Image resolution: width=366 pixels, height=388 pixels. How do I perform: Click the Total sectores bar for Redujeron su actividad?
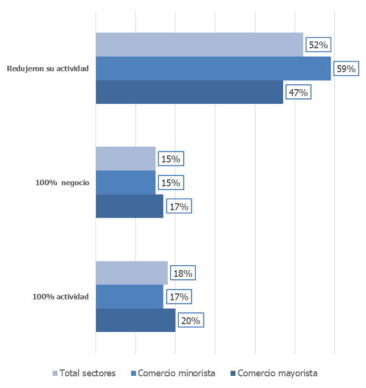tap(199, 45)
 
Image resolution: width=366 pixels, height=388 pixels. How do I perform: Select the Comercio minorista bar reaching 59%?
tap(213, 68)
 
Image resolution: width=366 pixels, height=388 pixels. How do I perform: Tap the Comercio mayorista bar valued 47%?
tap(189, 92)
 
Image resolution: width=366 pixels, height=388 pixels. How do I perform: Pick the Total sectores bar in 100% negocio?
tap(126, 159)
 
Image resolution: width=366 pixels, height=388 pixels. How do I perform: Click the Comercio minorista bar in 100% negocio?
tap(126, 182)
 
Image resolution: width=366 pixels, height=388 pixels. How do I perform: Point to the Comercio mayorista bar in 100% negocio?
tap(129, 206)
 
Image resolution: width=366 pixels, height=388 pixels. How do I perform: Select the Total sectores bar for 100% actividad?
tap(132, 273)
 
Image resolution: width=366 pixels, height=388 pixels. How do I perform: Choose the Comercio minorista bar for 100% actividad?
tap(129, 297)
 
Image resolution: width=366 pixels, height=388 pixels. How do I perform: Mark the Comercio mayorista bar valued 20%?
tap(135, 320)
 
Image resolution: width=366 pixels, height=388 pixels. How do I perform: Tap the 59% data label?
tap(346, 68)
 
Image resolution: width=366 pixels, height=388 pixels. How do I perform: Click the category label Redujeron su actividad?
tap(48, 68)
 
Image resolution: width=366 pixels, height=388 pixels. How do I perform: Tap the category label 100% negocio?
tap(62, 183)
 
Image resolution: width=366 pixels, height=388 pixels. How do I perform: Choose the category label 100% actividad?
tap(60, 297)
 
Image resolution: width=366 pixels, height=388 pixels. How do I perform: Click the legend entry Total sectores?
tap(83, 373)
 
